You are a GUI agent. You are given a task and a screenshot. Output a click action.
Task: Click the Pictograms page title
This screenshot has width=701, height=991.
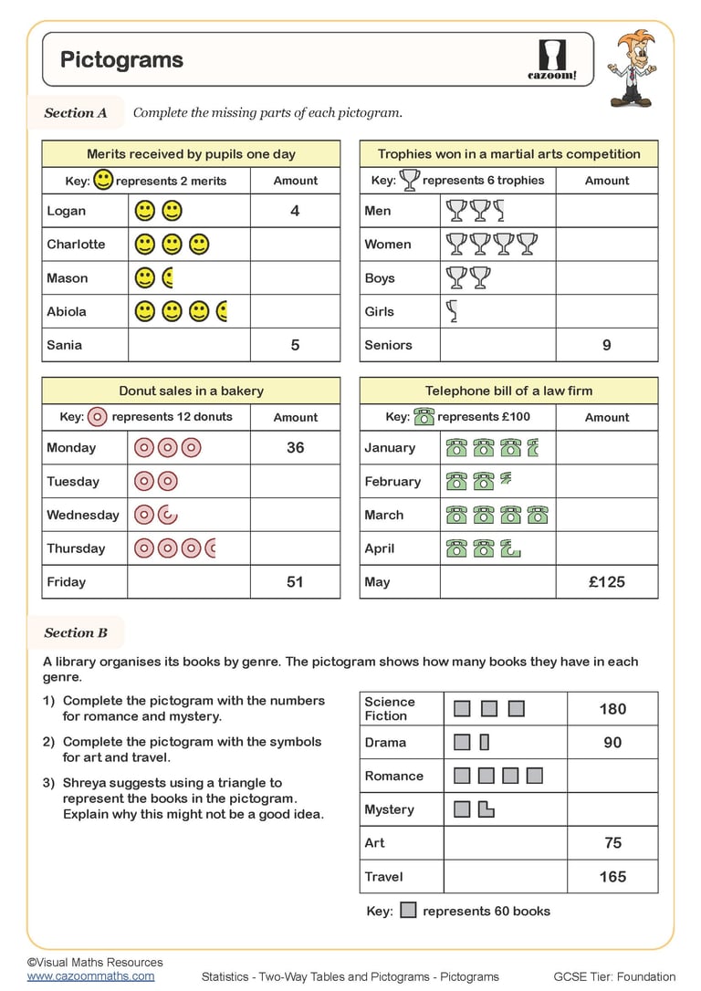pyautogui.click(x=121, y=60)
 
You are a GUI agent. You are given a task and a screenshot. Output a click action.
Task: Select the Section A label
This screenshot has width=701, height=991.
pyautogui.click(x=76, y=113)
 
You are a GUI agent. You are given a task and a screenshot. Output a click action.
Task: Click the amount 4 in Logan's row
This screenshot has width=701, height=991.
pyautogui.click(x=295, y=211)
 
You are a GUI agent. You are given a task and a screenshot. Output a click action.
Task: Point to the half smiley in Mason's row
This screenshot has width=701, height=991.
pyautogui.click(x=168, y=277)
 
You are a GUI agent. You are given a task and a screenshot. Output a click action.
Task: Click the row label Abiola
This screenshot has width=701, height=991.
pyautogui.click(x=67, y=311)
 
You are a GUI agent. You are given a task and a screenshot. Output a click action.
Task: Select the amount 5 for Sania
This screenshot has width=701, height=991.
pyautogui.click(x=295, y=345)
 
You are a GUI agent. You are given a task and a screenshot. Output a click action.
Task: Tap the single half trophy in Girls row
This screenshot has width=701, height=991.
pyautogui.click(x=451, y=311)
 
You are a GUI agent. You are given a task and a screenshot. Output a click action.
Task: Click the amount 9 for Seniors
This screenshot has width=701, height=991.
pyautogui.click(x=606, y=345)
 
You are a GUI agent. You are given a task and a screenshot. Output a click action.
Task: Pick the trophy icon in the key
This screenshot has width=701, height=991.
pyautogui.click(x=410, y=180)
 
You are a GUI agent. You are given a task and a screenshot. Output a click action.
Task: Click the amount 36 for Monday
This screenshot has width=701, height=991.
pyautogui.click(x=295, y=448)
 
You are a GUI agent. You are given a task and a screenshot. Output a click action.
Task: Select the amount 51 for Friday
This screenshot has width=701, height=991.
pyautogui.click(x=295, y=581)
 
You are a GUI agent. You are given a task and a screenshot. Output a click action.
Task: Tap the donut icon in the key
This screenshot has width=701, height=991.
pyautogui.click(x=98, y=417)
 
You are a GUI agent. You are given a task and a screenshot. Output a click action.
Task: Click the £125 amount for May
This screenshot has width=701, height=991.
pyautogui.click(x=606, y=581)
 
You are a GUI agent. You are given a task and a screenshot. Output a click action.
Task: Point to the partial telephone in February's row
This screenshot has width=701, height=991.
pyautogui.click(x=505, y=479)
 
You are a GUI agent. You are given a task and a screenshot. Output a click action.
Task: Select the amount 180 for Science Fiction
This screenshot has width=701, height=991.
pyautogui.click(x=612, y=708)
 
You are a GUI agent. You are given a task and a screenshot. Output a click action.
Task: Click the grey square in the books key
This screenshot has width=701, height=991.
pyautogui.click(x=409, y=910)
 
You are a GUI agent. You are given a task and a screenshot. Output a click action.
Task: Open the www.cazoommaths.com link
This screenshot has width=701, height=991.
pyautogui.click(x=90, y=975)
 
